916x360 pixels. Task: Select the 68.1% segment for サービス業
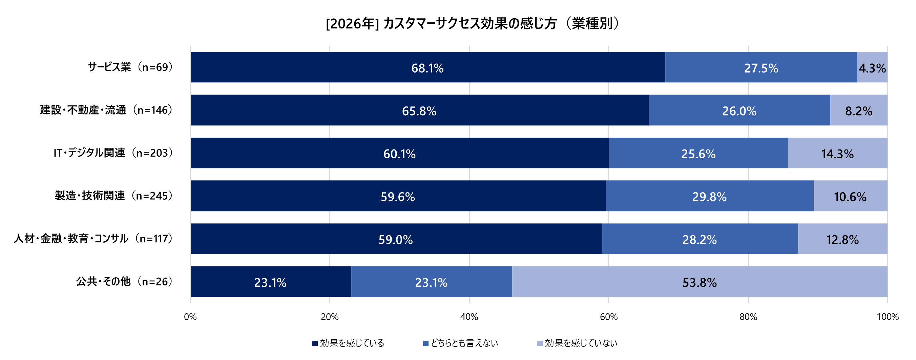[x=428, y=67]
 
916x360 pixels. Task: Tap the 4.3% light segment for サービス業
[x=872, y=67]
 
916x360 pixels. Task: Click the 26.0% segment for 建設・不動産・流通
[x=739, y=111]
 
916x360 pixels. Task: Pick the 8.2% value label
[x=858, y=111]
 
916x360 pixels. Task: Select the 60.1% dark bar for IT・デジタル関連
[x=399, y=153]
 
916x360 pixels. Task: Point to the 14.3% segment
[x=837, y=153]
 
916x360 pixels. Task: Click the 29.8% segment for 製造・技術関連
[x=709, y=196]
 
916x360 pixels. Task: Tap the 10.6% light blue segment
[x=850, y=196]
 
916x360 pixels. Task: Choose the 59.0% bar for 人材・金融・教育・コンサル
[x=395, y=239]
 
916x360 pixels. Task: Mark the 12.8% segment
[x=842, y=239]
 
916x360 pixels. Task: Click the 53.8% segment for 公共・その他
[x=699, y=282]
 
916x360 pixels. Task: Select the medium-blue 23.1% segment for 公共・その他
[x=431, y=282]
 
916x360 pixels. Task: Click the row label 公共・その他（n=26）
[x=124, y=281]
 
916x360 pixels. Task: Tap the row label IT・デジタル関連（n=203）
[x=113, y=153]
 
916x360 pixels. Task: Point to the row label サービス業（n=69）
[x=130, y=67]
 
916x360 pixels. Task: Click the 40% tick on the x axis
[x=469, y=317]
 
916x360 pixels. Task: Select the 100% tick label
[x=887, y=317]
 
